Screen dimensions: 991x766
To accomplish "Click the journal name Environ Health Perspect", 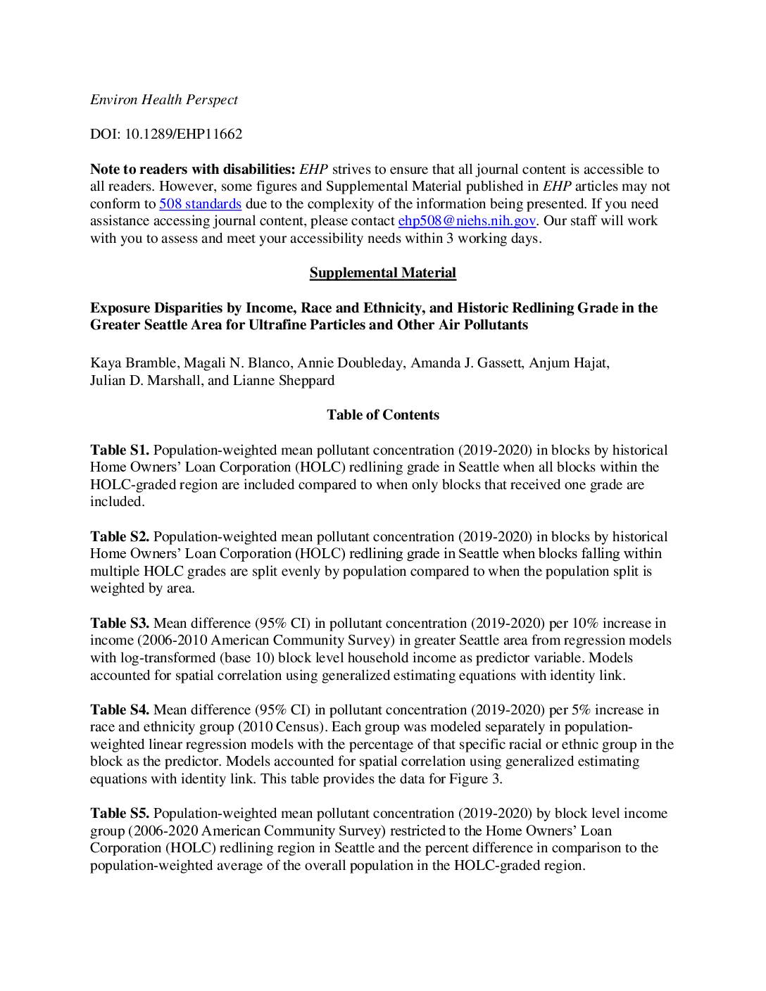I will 163,100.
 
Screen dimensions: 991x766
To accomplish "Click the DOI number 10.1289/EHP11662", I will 183,134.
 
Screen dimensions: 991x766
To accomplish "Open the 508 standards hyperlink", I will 200,204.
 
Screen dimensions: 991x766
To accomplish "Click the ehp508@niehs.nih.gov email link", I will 467,221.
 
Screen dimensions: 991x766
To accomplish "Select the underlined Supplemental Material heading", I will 382,273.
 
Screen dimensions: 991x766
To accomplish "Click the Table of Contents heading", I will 382,415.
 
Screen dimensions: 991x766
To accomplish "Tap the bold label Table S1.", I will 119,450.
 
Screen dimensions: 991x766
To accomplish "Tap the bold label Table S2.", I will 119,537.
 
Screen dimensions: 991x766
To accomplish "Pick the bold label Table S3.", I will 119,624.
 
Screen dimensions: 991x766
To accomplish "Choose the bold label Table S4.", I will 119,710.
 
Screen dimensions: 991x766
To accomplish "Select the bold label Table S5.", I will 119,814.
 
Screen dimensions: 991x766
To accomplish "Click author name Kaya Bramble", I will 133,363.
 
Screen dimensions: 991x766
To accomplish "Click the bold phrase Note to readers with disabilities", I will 192,170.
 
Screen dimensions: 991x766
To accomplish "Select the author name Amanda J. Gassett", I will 466,363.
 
